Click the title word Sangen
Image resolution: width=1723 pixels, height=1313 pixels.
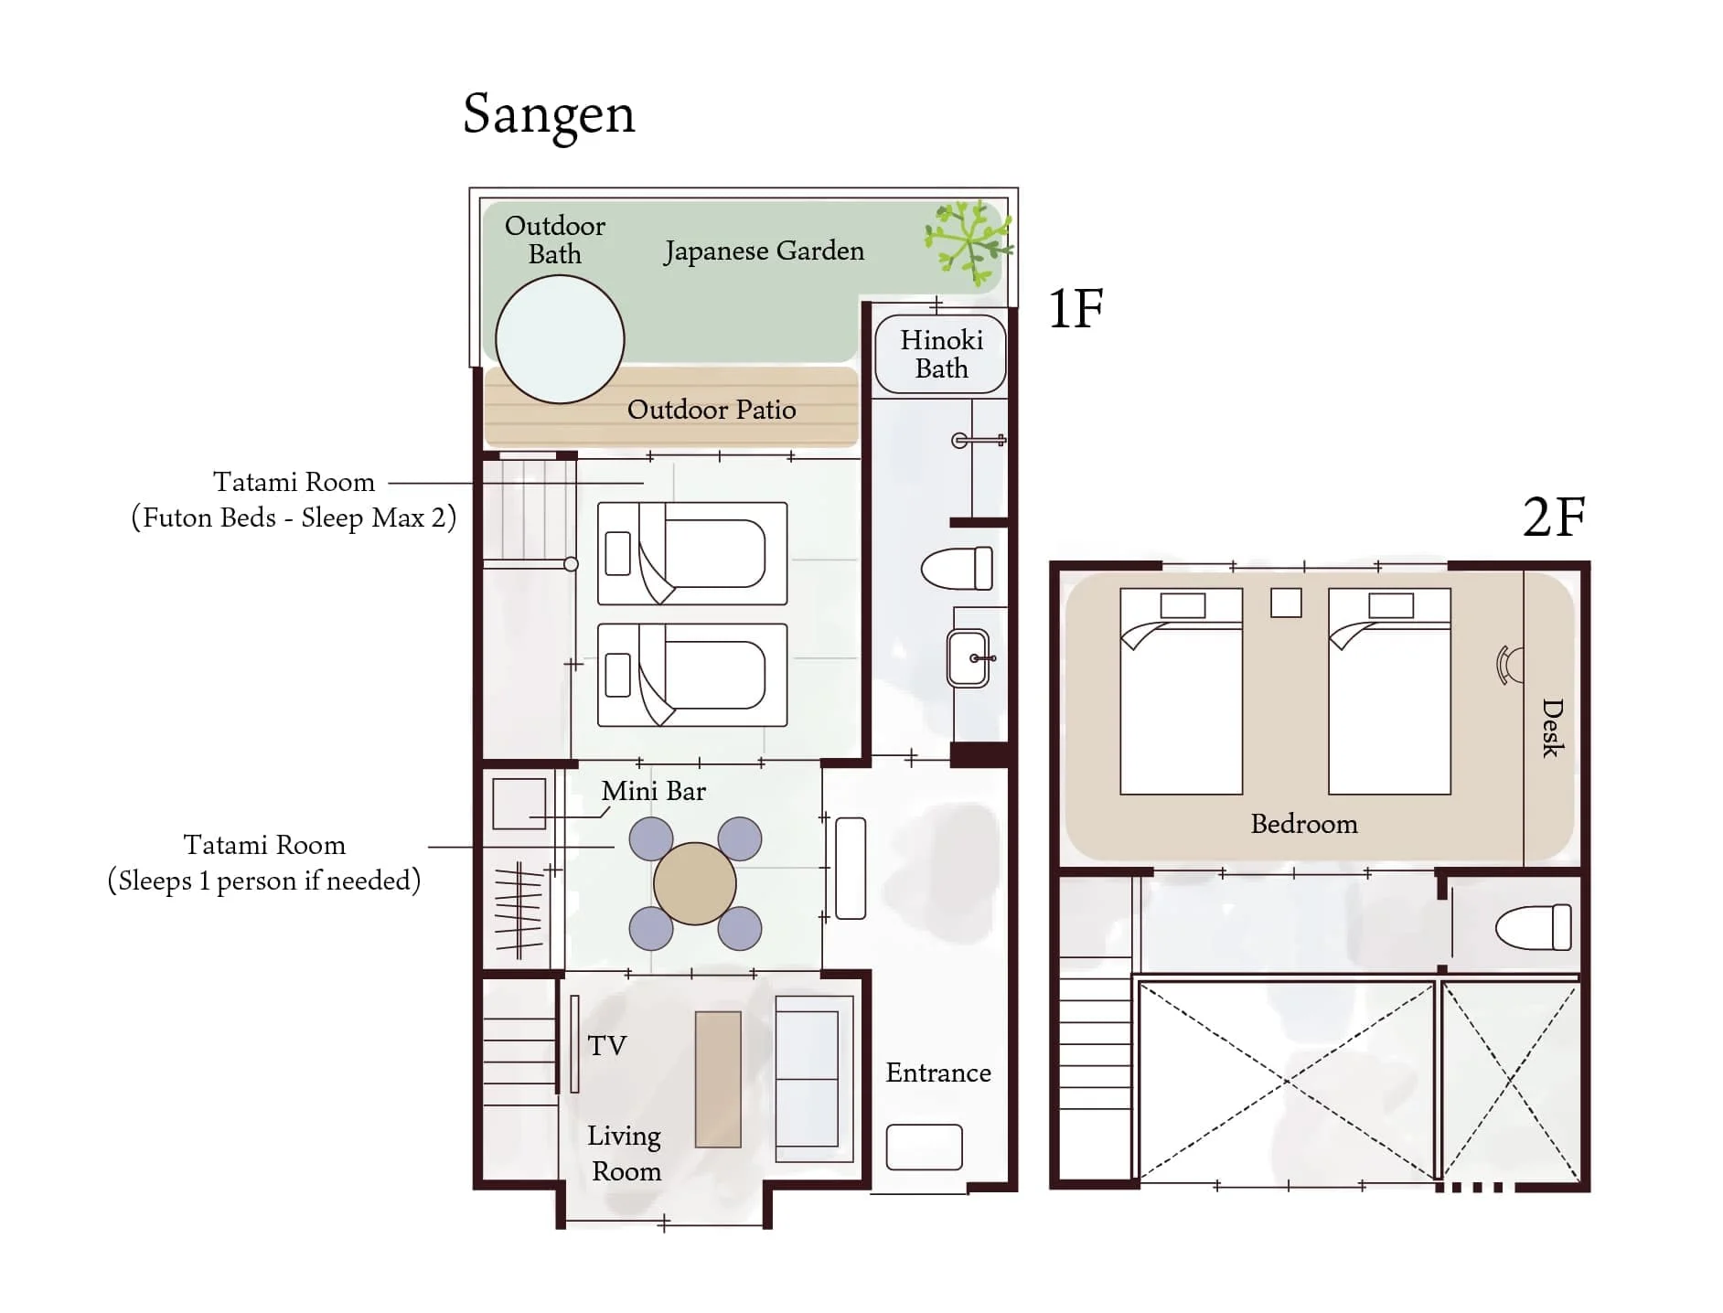549,116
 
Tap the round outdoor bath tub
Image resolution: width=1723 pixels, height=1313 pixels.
560,339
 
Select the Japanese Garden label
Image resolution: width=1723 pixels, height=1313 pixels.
764,251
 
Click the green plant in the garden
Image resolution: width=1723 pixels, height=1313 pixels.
969,242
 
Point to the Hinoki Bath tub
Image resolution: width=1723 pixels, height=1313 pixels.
941,354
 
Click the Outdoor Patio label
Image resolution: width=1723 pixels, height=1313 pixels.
712,410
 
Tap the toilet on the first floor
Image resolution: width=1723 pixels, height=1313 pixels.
957,568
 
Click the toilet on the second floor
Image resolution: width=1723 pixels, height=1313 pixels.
1534,927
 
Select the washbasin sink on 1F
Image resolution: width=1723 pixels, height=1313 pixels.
969,657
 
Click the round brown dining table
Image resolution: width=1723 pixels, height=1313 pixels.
695,883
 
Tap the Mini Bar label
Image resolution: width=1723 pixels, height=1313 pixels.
653,791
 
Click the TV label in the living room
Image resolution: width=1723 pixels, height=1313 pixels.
606,1045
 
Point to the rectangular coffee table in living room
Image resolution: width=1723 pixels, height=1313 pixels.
718,1079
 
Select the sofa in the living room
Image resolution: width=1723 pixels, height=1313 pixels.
814,1079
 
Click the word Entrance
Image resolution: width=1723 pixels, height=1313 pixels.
938,1073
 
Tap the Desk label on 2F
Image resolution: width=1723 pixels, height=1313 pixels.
1553,728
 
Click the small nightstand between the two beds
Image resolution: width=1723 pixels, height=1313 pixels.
1286,603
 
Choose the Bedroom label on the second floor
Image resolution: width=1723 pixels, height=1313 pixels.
1304,824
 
